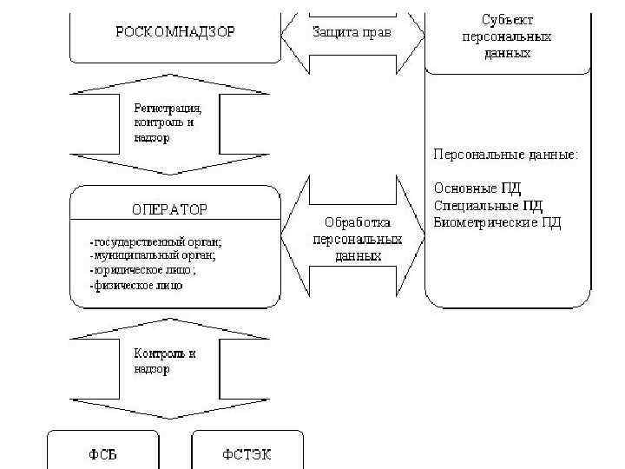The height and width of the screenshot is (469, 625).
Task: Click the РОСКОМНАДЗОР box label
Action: point(175,31)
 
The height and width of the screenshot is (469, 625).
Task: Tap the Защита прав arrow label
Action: point(352,32)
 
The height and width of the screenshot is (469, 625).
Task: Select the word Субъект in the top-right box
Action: point(508,19)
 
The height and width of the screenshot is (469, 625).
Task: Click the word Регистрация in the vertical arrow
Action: point(168,109)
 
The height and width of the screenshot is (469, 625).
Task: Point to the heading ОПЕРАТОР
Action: point(170,209)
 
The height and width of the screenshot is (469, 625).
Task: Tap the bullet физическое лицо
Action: point(136,285)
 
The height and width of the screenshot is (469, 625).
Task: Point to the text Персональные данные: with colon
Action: point(506,155)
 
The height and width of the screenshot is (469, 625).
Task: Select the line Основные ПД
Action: point(477,188)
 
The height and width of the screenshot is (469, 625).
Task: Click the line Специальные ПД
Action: point(488,205)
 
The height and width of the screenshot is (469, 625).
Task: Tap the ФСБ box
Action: point(102,454)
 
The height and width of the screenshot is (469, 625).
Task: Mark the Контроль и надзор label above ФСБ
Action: point(164,361)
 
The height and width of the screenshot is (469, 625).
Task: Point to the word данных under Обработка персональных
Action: point(357,257)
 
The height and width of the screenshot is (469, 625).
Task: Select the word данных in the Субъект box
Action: point(508,52)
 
